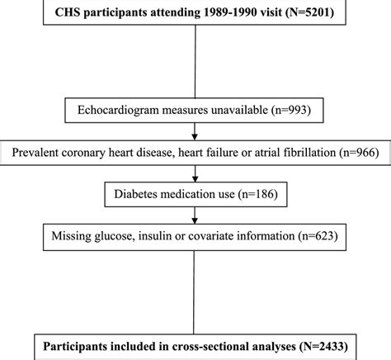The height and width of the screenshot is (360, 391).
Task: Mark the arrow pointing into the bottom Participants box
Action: (x=195, y=324)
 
